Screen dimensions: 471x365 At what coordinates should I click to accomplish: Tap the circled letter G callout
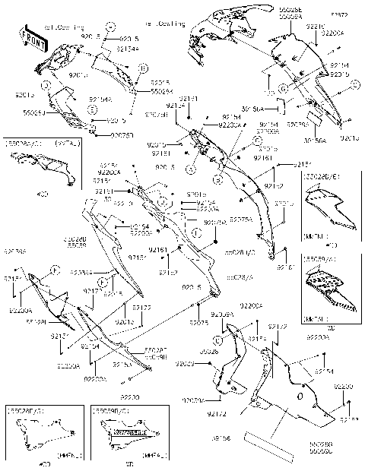coord(283,90)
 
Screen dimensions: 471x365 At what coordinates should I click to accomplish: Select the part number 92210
coord(315,26)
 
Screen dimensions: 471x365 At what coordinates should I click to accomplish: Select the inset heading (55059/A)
coord(323,259)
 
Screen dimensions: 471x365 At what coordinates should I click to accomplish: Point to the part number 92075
coord(200,322)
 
